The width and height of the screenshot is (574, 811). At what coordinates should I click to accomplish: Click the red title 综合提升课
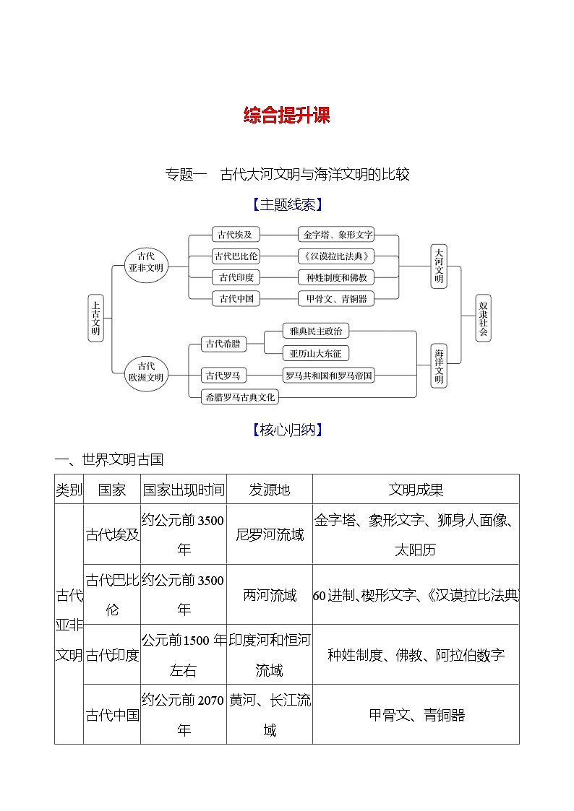point(286,116)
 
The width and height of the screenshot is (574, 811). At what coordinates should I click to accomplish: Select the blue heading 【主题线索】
point(286,205)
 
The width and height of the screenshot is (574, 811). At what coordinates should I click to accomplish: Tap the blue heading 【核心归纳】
point(286,430)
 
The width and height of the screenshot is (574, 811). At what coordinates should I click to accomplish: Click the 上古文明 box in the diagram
point(95,318)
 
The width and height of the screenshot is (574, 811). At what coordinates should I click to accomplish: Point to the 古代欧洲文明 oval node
point(146,372)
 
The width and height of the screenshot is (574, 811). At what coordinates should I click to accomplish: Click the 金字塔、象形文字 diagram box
point(338,235)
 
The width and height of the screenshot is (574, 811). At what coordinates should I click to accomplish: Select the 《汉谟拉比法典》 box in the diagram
point(338,256)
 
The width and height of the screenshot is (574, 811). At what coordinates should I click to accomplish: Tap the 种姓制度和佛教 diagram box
point(337,277)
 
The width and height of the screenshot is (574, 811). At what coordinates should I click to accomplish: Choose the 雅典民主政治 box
point(315,331)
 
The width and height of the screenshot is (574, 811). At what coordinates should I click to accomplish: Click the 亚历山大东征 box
point(315,353)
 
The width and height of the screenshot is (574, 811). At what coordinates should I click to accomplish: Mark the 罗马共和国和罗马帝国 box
point(329,376)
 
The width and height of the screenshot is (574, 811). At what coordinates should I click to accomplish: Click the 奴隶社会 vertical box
point(484,318)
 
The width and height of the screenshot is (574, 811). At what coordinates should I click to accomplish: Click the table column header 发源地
point(270,490)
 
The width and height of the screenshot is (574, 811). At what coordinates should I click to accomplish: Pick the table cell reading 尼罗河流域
point(270,534)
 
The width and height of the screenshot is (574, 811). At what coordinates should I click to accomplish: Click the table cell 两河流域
point(270,595)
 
